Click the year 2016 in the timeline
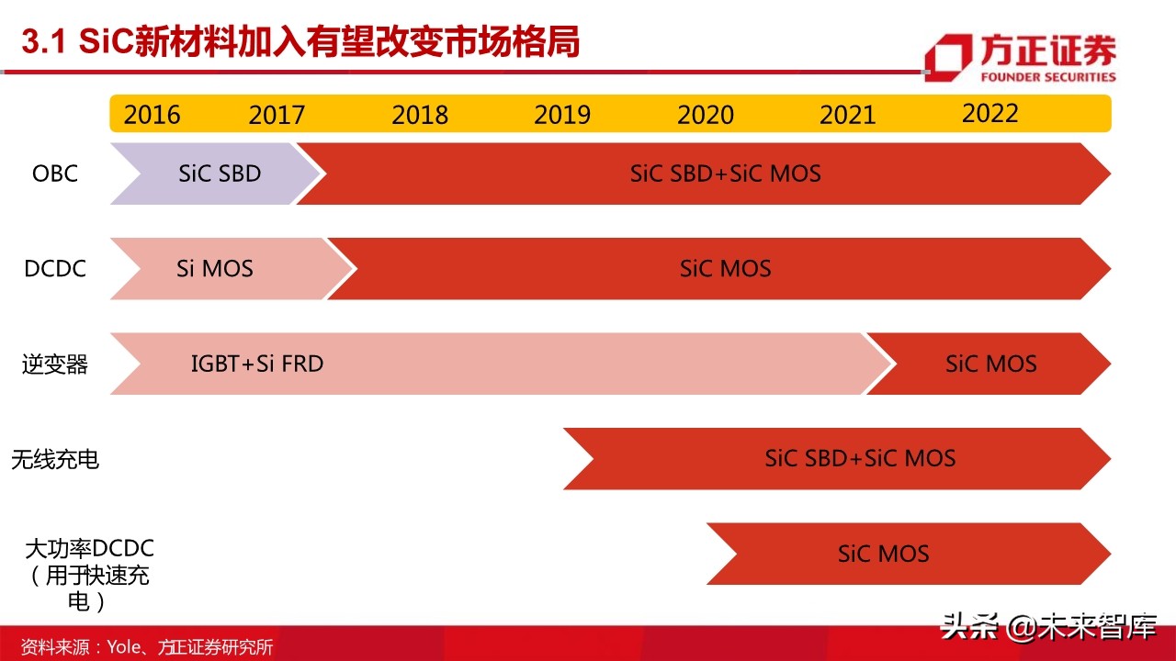pyautogui.click(x=153, y=115)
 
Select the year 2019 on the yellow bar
pyautogui.click(x=562, y=115)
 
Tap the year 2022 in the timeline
pyautogui.click(x=990, y=113)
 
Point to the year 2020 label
pyautogui.click(x=706, y=115)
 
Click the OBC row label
pyautogui.click(x=55, y=173)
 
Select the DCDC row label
pyautogui.click(x=55, y=268)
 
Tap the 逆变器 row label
pyautogui.click(x=55, y=364)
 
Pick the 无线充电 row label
pyautogui.click(x=55, y=459)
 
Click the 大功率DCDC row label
pyautogui.click(x=89, y=549)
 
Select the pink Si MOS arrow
pyautogui.click(x=215, y=268)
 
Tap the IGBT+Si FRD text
pyautogui.click(x=257, y=364)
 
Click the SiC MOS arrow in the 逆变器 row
pyautogui.click(x=990, y=364)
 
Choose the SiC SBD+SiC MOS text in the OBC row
pyautogui.click(x=725, y=173)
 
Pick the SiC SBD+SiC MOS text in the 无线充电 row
pyautogui.click(x=860, y=458)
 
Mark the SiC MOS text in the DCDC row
pyautogui.click(x=725, y=268)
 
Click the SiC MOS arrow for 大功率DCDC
pyautogui.click(x=883, y=554)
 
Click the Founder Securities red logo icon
pyautogui.click(x=947, y=58)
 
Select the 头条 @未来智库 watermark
pyautogui.click(x=1048, y=627)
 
